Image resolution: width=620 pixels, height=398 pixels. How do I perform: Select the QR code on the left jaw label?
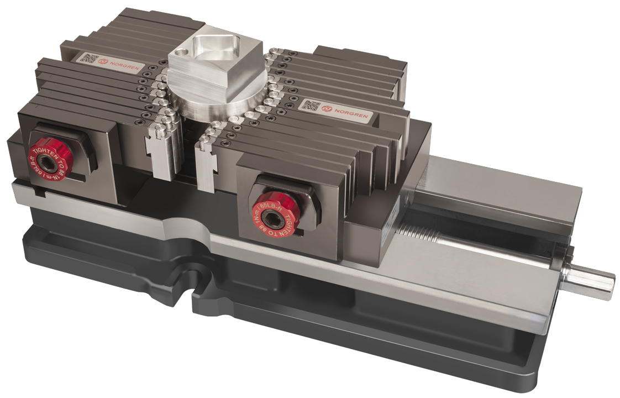pyautogui.click(x=90, y=58)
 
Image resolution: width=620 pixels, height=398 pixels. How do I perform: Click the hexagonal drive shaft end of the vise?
pyautogui.click(x=594, y=278)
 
